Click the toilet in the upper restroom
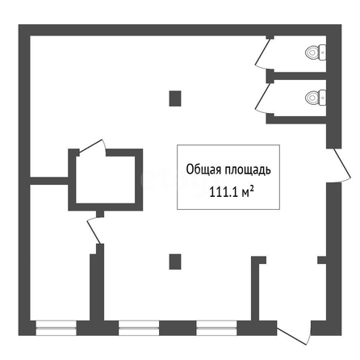click(x=316, y=52)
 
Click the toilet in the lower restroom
click(x=316, y=98)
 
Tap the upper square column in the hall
click(x=175, y=98)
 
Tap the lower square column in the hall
click(x=175, y=262)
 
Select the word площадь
click(x=248, y=170)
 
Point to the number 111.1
click(x=224, y=192)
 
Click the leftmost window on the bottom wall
click(x=56, y=328)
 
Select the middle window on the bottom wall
click(x=139, y=328)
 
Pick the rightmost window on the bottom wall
click(x=216, y=328)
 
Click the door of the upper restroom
click(x=262, y=52)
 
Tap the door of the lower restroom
click(x=262, y=98)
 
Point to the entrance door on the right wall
click(x=342, y=163)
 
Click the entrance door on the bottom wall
click(x=292, y=336)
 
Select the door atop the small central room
click(x=91, y=147)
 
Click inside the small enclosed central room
click(x=106, y=180)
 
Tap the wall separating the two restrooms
click(x=300, y=76)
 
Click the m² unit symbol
click(x=248, y=192)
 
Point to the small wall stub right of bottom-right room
click(x=322, y=260)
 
